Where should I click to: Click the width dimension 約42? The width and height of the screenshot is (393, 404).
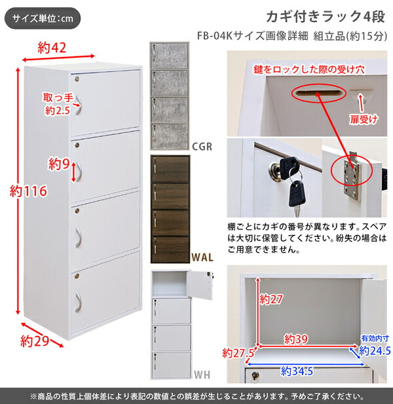(x=54, y=46)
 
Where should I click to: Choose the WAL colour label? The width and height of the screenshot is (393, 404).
(x=201, y=257)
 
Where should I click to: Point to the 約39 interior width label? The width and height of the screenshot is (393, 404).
(x=297, y=339)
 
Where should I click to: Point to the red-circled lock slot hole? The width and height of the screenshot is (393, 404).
(x=314, y=94)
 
